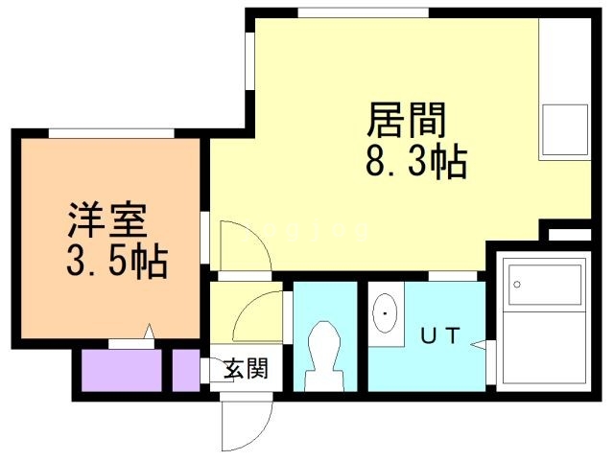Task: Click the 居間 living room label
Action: click(x=405, y=123)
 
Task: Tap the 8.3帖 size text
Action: click(x=414, y=163)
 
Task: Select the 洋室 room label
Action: click(x=106, y=220)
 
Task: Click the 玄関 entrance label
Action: click(x=246, y=367)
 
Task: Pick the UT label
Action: click(x=441, y=336)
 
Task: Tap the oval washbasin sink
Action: click(x=387, y=313)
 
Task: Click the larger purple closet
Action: click(x=120, y=370)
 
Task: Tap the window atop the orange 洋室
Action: click(x=109, y=132)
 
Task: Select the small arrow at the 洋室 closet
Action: click(x=149, y=333)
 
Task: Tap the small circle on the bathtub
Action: click(x=516, y=285)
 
